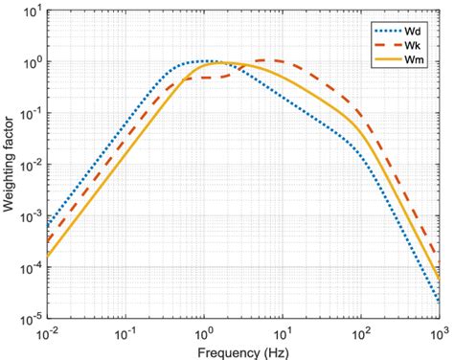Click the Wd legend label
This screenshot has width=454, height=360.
(413, 28)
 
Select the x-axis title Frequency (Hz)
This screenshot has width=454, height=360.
(241, 350)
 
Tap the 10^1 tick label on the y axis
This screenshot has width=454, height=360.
(29, 11)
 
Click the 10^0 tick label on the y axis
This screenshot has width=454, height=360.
(29, 62)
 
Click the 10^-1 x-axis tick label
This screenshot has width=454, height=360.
(124, 333)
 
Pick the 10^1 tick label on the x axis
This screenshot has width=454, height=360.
(282, 333)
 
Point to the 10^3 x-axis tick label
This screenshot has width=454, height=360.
(437, 333)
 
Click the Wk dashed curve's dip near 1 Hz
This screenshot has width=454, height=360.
(212, 78)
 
